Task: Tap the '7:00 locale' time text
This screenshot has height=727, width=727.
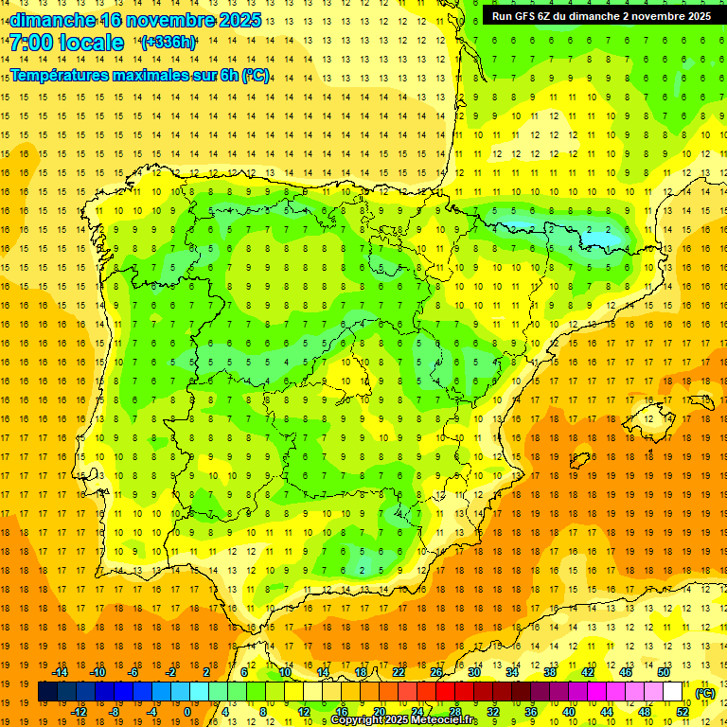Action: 66,43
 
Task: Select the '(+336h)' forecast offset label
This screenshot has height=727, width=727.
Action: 168,43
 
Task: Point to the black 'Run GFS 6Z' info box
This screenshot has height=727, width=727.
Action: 601,15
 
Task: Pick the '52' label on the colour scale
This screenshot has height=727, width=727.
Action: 683,712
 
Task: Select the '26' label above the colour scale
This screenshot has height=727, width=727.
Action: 436,672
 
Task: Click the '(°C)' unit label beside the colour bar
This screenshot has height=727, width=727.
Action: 705,693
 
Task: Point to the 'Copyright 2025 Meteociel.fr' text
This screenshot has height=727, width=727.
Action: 404,720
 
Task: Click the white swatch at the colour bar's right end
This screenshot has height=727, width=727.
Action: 673,692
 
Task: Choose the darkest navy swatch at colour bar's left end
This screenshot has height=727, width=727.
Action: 47,692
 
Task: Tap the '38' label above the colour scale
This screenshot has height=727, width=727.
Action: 549,672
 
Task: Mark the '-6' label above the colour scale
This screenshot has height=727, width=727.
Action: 133,672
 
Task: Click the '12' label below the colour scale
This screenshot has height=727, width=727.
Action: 303,712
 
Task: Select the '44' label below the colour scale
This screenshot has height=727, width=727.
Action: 607,712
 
